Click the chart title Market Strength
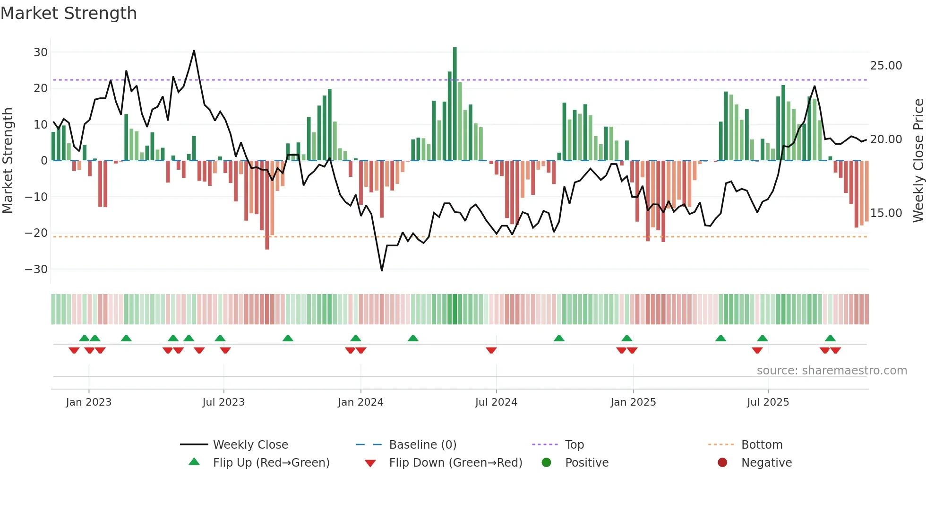point(69,13)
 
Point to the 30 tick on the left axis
point(41,52)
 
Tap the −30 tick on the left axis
point(36,269)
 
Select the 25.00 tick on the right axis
point(886,66)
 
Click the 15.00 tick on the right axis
point(886,213)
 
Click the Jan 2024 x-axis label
point(360,402)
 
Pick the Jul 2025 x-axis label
point(768,402)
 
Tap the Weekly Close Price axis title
point(918,161)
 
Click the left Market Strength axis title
point(8,161)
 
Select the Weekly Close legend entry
point(250,445)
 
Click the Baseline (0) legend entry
point(422,445)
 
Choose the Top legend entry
point(574,445)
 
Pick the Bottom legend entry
point(762,445)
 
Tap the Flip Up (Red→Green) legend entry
point(271,463)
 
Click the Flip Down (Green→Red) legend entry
point(455,463)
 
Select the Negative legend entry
point(766,463)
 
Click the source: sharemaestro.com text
point(832,371)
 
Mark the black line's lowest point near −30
point(382,270)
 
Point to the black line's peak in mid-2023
point(194,51)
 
